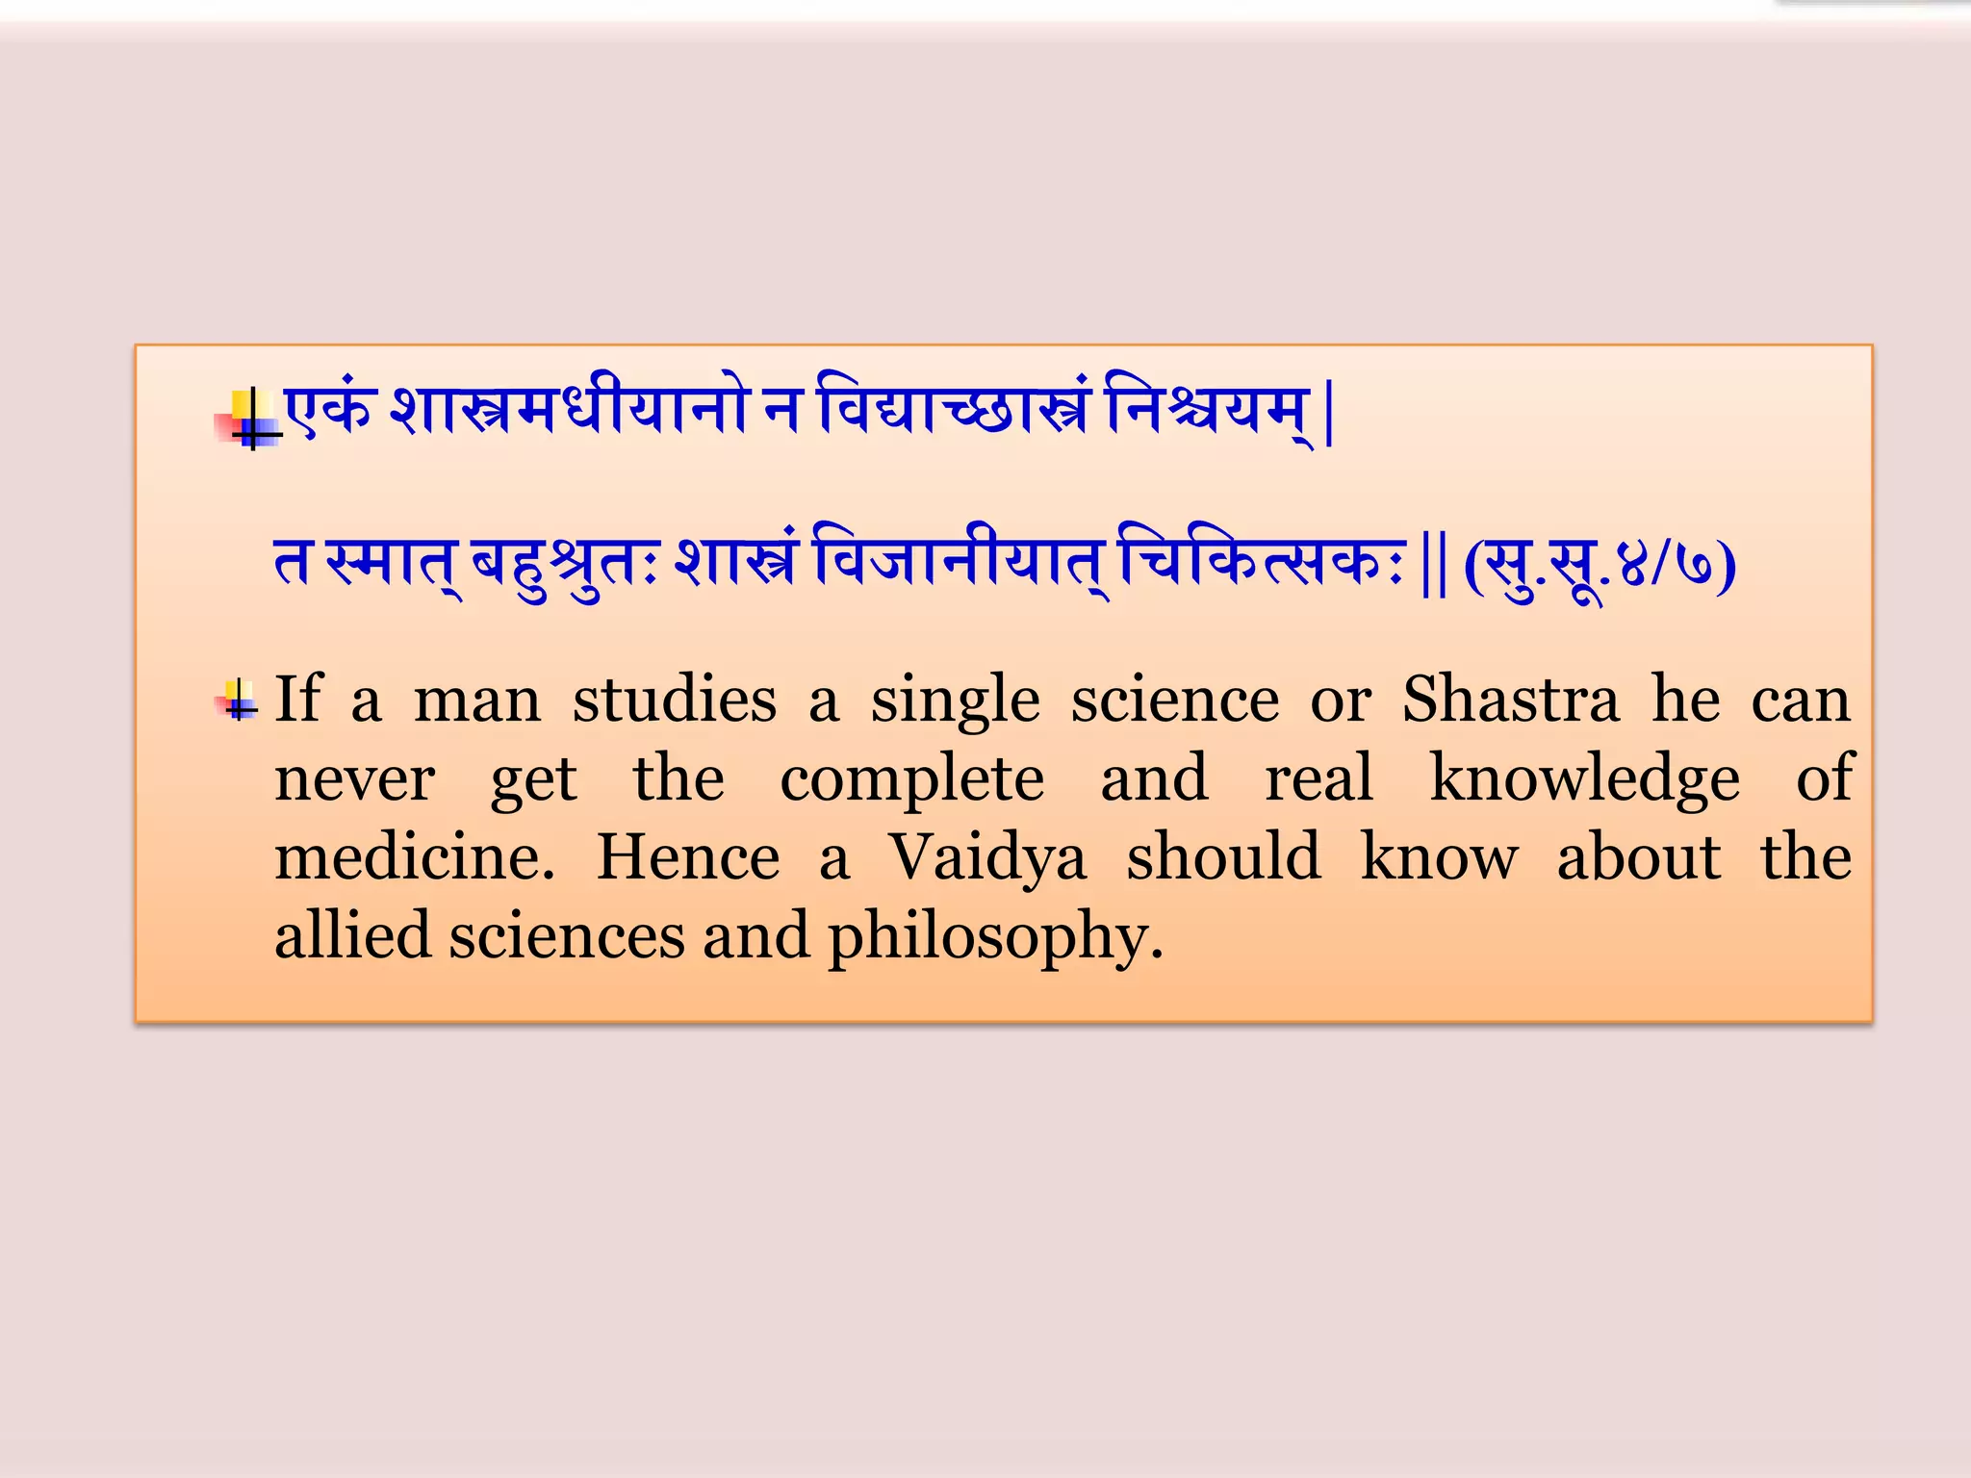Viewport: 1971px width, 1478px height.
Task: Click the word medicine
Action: tap(415, 857)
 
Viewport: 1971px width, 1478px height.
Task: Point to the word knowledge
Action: tap(1584, 778)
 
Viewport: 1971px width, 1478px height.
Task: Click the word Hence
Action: tap(688, 857)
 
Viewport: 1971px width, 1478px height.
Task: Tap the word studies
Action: tap(675, 700)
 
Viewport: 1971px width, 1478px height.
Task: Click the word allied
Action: tap(352, 936)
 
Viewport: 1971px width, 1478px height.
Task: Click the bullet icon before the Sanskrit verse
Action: tap(249, 420)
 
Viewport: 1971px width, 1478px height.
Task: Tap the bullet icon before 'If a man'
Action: tap(238, 700)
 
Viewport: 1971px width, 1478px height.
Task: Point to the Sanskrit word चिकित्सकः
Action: tap(1261, 564)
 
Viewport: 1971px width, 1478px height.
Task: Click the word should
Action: tap(1224, 857)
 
